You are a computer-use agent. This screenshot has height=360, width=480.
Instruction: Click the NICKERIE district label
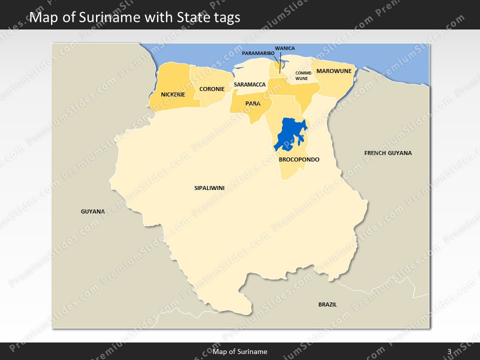pyautogui.click(x=173, y=94)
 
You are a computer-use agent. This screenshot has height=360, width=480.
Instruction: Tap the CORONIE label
pyautogui.click(x=212, y=89)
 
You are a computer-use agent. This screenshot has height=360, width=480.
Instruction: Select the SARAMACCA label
pyautogui.click(x=249, y=84)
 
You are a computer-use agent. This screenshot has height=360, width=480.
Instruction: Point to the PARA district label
pyautogui.click(x=252, y=103)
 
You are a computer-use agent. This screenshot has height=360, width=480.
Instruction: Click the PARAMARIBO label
pyautogui.click(x=258, y=53)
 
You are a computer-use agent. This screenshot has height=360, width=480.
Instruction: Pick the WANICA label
pyautogui.click(x=285, y=48)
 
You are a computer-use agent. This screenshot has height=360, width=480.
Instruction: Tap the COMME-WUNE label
pyautogui.click(x=303, y=76)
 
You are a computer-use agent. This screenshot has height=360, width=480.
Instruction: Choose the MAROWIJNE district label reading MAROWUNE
pyautogui.click(x=334, y=71)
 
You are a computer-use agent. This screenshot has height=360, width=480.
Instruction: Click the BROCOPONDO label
pyautogui.click(x=299, y=159)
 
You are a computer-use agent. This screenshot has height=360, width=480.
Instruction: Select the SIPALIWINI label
pyautogui.click(x=209, y=188)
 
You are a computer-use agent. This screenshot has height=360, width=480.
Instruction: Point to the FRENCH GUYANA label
pyautogui.click(x=388, y=153)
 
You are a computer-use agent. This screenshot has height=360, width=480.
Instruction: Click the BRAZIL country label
pyautogui.click(x=327, y=304)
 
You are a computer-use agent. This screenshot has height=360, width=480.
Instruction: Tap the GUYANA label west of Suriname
pyautogui.click(x=93, y=211)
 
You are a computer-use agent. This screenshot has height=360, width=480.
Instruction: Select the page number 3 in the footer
pyautogui.click(x=449, y=351)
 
